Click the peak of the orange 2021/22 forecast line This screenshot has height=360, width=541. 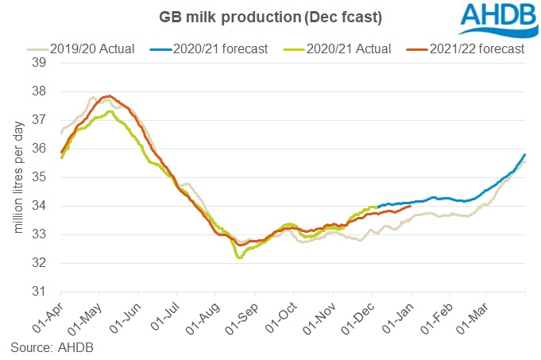click(x=110, y=96)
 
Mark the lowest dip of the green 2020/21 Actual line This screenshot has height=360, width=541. click(x=238, y=257)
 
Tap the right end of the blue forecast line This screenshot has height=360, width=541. click(x=525, y=154)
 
